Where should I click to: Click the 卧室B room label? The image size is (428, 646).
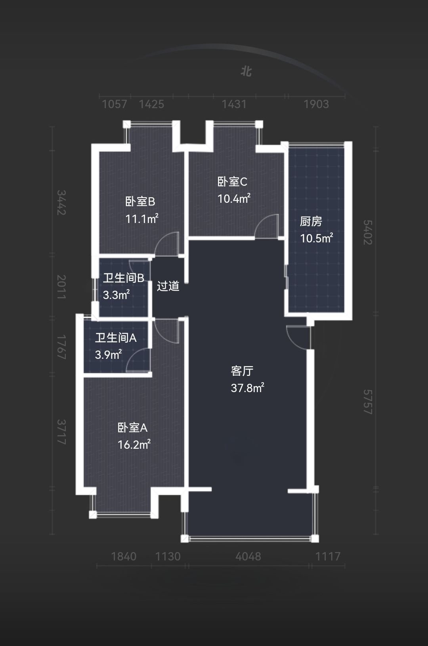tap(140, 202)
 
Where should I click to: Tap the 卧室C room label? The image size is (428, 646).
tap(232, 182)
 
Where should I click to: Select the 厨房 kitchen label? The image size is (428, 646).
tap(311, 221)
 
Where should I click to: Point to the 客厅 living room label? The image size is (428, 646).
tap(242, 371)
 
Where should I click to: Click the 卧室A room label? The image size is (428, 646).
tap(132, 428)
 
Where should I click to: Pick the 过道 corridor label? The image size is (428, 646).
tap(168, 286)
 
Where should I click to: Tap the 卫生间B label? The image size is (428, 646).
tap(124, 278)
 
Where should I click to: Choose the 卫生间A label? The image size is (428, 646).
tap(116, 338)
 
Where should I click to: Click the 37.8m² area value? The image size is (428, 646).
tap(247, 388)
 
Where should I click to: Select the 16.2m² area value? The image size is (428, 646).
tap(134, 444)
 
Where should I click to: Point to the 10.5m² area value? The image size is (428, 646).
tap(317, 238)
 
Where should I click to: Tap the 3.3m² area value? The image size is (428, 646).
tap(116, 295)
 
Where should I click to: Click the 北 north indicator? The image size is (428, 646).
tap(246, 71)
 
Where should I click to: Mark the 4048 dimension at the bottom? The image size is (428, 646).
tap(248, 556)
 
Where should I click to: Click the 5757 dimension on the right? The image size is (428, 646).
tap(368, 402)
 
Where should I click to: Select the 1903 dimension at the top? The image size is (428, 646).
tap(316, 104)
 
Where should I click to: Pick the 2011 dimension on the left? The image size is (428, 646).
tap(61, 287)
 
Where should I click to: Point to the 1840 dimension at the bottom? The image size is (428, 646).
tap(124, 556)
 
